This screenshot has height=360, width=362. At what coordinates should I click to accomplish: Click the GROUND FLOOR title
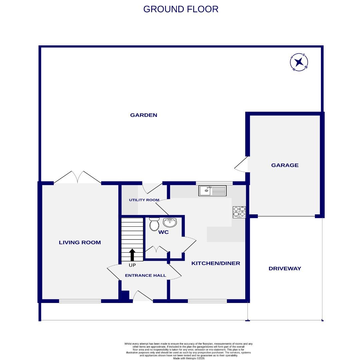[181, 9]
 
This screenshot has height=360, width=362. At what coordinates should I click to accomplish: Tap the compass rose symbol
[299, 62]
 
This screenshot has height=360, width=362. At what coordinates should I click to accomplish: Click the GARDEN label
[143, 115]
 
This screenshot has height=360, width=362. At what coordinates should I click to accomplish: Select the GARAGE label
[285, 165]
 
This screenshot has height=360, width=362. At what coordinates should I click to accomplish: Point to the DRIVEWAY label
[285, 269]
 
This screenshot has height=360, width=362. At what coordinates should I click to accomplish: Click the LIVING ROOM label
[80, 243]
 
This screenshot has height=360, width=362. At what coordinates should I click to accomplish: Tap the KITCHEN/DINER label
[216, 263]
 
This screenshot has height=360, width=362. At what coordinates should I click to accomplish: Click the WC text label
[163, 232]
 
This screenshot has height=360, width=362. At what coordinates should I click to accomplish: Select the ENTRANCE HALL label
[145, 276]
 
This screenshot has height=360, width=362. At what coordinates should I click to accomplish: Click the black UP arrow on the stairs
[132, 255]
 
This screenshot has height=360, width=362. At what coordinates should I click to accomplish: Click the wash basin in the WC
[170, 222]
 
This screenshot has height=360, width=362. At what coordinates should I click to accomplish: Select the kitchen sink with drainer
[213, 191]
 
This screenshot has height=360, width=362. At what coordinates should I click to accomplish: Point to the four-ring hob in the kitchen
[239, 212]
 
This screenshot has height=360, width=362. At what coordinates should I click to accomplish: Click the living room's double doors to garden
[77, 177]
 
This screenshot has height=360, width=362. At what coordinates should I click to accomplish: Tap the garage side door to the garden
[242, 165]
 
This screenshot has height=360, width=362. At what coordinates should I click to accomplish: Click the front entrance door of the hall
[143, 296]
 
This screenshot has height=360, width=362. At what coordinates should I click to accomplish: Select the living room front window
[80, 301]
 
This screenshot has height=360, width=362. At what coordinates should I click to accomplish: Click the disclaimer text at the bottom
[189, 351]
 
